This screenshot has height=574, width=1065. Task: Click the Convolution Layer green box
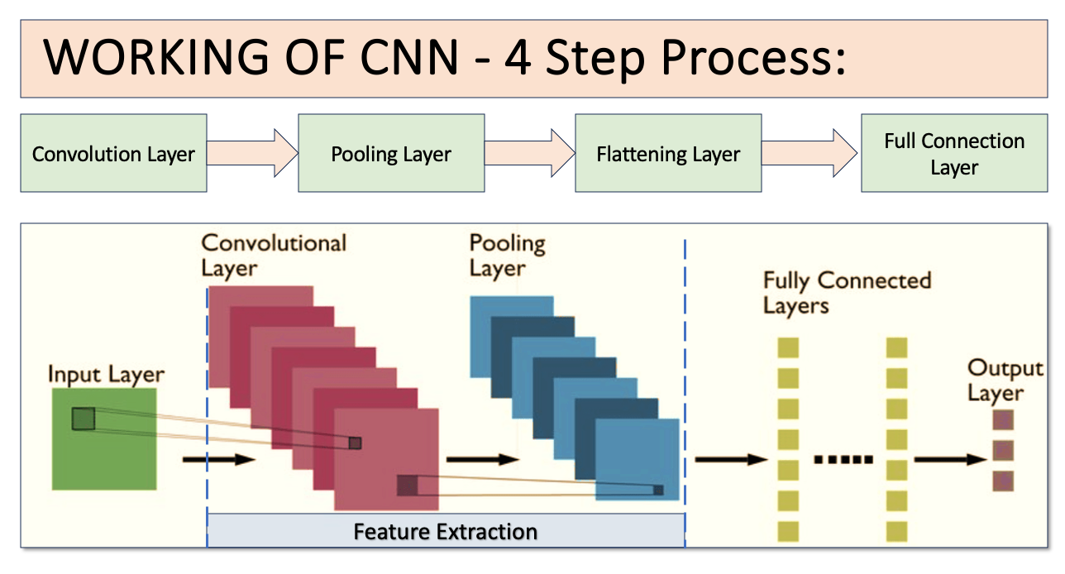pos(113,155)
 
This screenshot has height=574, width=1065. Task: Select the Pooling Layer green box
pos(391,155)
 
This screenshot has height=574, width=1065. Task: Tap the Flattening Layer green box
pos(668,155)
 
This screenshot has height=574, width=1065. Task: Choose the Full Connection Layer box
pos(954,155)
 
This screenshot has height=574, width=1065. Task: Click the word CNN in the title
pos(408,59)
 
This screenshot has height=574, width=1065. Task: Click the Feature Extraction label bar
pos(446,530)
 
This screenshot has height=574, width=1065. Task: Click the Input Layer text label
pos(106,374)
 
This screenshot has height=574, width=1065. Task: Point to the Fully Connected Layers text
pos(847,293)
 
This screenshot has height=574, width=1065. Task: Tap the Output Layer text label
pos(1005,380)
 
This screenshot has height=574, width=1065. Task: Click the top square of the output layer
pos(1002,420)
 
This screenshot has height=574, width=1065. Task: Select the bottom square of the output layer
pos(1002,480)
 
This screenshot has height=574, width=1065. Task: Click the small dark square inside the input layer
pos(84,419)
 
